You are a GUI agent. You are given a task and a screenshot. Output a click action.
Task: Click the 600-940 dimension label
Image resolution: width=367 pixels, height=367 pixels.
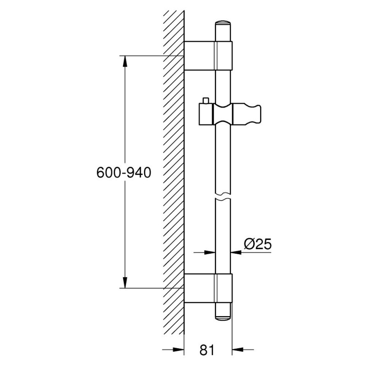coord(124,173)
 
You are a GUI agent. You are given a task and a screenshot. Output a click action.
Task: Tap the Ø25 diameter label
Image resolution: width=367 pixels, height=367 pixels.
coord(258,244)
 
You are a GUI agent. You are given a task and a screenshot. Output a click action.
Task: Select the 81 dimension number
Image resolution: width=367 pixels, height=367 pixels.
coord(207,350)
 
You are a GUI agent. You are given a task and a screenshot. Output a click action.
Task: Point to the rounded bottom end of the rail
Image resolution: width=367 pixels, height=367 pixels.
coord(223,318)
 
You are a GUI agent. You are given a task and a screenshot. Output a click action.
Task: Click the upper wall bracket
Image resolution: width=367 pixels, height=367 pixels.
coord(208,56)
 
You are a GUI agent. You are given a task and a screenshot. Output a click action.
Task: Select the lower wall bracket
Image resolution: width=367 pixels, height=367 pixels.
coord(208,288)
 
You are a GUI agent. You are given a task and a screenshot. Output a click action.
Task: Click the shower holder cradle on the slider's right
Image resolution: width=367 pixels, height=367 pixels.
coord(247,114)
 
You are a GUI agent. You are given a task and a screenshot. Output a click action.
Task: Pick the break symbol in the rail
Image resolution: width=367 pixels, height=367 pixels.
coord(223,196)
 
